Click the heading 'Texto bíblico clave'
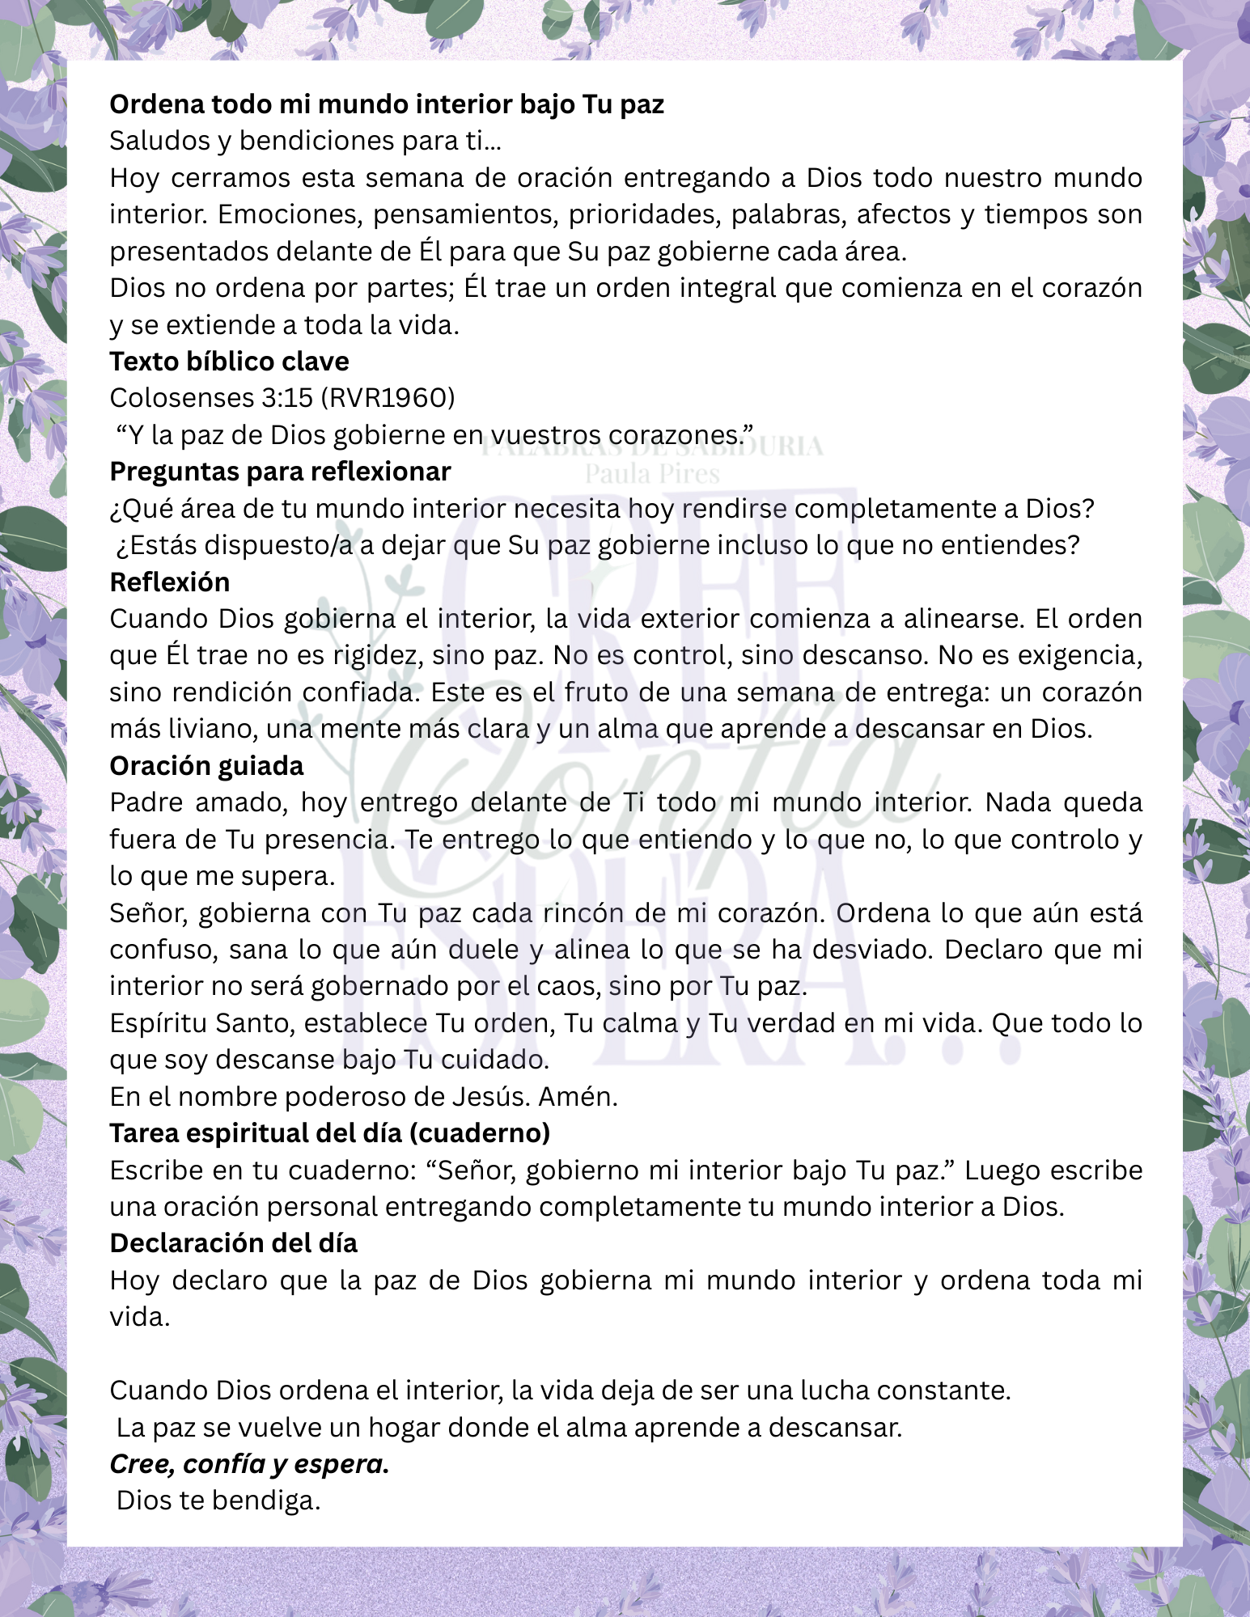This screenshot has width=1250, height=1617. tap(229, 361)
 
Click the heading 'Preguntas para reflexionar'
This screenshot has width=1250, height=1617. tap(280, 472)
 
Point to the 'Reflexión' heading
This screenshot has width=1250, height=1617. tap(170, 582)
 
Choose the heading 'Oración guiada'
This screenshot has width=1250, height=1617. tap(206, 765)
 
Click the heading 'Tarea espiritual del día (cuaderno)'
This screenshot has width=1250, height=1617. tap(330, 1133)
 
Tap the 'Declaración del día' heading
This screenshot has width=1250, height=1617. tap(233, 1243)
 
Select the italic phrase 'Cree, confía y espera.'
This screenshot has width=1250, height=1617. tap(249, 1464)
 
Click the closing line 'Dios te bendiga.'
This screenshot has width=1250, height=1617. tap(218, 1501)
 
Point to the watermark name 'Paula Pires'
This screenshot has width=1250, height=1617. tap(652, 474)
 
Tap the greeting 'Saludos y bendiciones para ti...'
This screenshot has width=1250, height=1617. tap(306, 141)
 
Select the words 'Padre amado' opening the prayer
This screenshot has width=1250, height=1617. tap(196, 802)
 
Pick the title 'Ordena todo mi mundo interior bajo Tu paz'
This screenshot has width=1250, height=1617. tap(387, 104)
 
